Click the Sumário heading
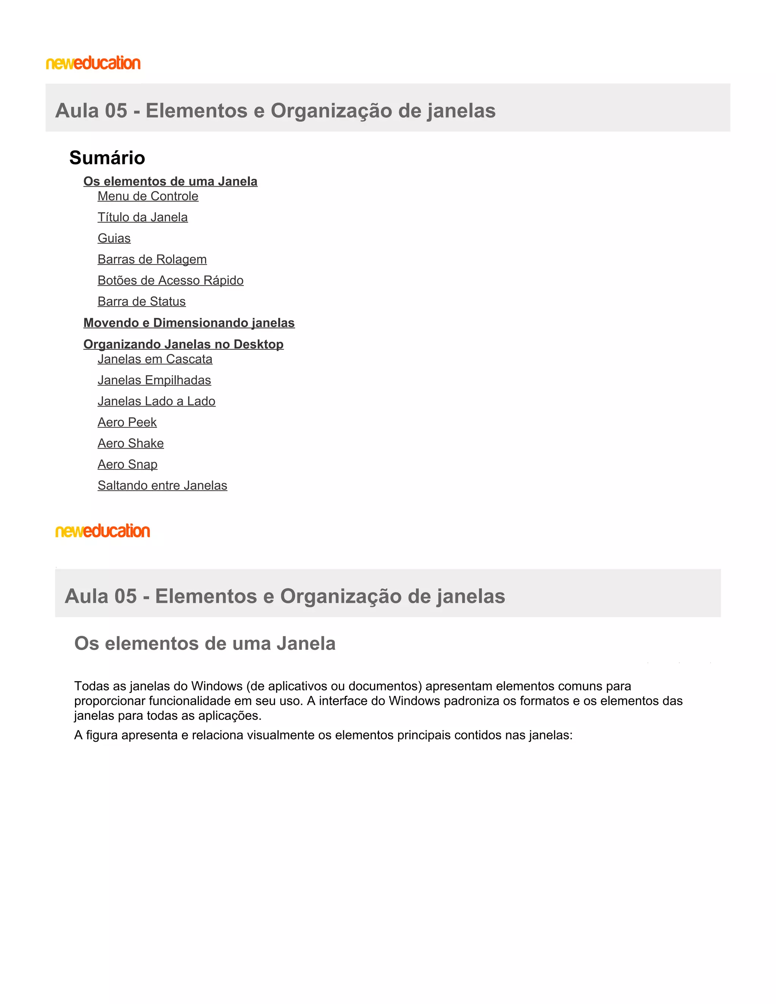pyautogui.click(x=107, y=158)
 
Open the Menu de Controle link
pyautogui.click(x=147, y=196)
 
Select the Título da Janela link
pyautogui.click(x=142, y=217)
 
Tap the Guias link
pyautogui.click(x=114, y=239)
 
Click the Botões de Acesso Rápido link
pyautogui.click(x=170, y=280)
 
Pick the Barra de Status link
pyautogui.click(x=141, y=302)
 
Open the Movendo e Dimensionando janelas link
pyautogui.click(x=188, y=323)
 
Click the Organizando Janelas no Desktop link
pyautogui.click(x=183, y=344)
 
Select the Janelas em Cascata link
pyautogui.click(x=155, y=360)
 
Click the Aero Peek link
pyautogui.click(x=127, y=422)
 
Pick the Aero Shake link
pyautogui.click(x=131, y=444)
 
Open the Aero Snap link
pyautogui.click(x=127, y=465)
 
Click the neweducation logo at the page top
pyautogui.click(x=93, y=63)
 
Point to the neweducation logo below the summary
pyautogui.click(x=103, y=531)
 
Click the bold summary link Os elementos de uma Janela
pyautogui.click(x=170, y=181)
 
